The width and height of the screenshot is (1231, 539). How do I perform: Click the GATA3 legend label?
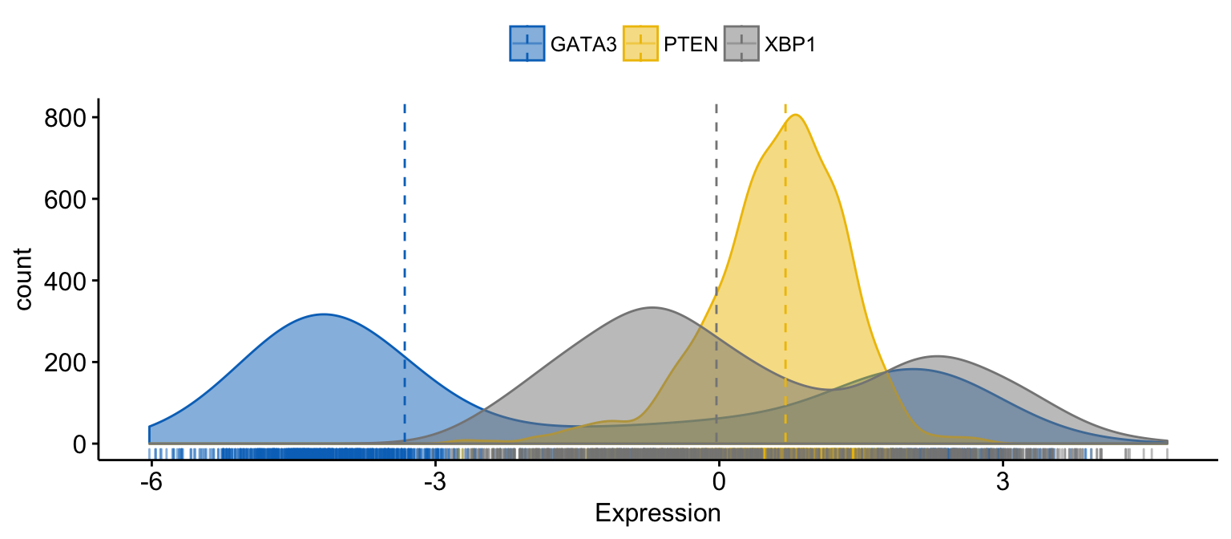coord(583,44)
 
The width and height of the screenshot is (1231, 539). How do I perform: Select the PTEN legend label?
coord(691,44)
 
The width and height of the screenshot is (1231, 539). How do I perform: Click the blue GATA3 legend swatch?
coord(527,43)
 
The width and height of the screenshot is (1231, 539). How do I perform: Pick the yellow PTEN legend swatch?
coord(640,43)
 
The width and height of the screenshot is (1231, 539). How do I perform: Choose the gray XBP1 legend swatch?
coord(741,43)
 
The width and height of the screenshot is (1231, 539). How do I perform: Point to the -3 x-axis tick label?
coord(434,486)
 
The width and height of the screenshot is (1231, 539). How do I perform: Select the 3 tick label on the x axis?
coord(1002,486)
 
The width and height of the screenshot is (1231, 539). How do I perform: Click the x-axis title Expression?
coord(657,513)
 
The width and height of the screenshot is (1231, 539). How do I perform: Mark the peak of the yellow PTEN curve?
coord(795,115)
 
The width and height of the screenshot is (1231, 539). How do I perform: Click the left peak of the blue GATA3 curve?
coord(323,314)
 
